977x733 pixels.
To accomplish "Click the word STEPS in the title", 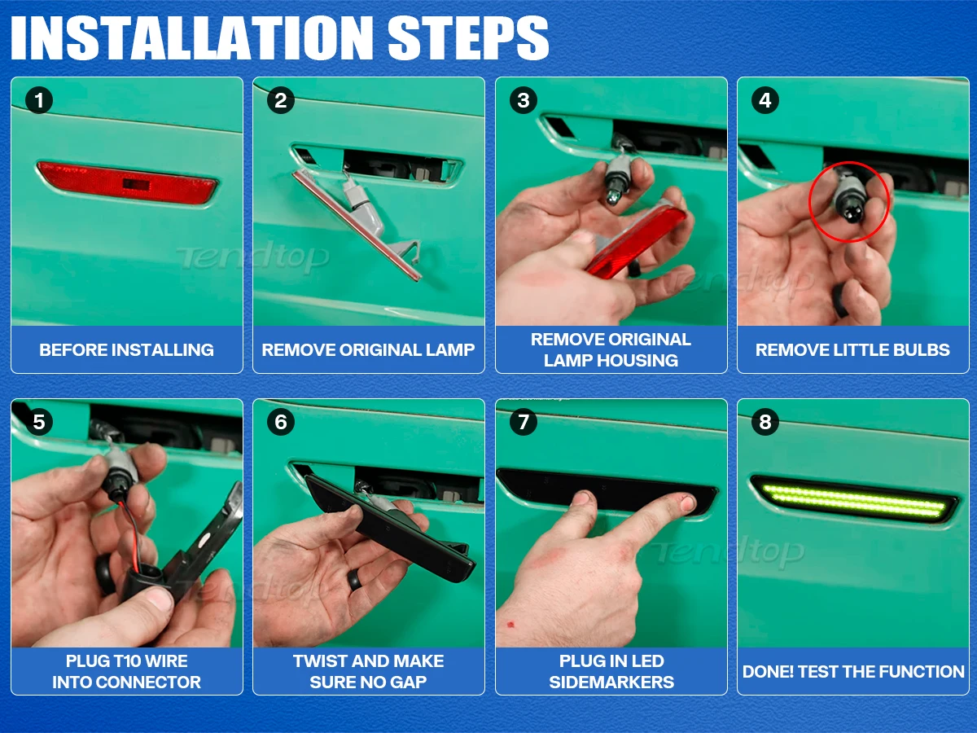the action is tap(468, 37).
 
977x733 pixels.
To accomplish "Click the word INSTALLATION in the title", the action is tap(192, 37).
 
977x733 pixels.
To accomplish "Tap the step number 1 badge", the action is tap(39, 100).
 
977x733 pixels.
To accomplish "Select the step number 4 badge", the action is tap(765, 100).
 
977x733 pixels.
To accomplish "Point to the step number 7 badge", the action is tap(524, 422).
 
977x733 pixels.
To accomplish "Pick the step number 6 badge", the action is tap(281, 422).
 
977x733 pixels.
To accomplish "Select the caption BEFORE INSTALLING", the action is tap(126, 350).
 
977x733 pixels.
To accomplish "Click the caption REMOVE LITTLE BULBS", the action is tap(852, 350).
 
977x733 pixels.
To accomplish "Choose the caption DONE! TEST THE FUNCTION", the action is tap(853, 672).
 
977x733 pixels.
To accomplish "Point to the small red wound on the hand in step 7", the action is tap(510, 625).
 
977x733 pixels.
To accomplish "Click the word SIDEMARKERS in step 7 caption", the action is tap(611, 683).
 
